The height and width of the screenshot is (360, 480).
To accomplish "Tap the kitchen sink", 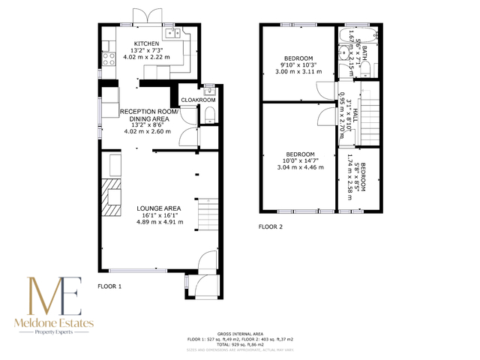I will pos(174,33).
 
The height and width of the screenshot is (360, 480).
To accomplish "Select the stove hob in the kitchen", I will pos(107,57).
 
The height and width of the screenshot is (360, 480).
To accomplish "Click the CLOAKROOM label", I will pos(199,99).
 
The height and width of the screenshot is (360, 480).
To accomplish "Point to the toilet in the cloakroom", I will pos(209,115).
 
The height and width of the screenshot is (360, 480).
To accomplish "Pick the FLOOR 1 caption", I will pos(109,286).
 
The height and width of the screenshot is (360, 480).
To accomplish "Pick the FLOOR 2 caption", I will pos(270,226).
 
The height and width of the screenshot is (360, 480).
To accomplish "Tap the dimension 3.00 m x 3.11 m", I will pos(298,72).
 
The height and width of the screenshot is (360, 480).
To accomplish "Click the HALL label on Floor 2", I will pos(356,116).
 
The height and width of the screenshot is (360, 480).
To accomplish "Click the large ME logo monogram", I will pos(54,296).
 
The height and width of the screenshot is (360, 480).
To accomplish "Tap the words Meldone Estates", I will pos(53,322).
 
